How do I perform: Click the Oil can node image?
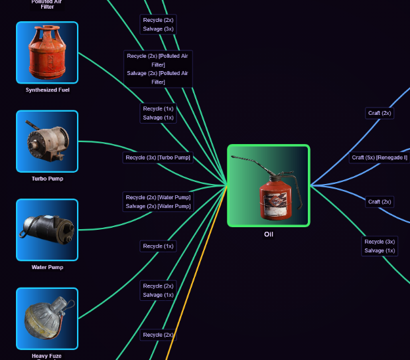[x=268, y=185]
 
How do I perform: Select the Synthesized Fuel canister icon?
[x=47, y=52]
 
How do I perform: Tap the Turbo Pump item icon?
[x=47, y=141]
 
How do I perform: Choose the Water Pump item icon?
[x=47, y=230]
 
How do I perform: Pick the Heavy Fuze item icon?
[x=47, y=318]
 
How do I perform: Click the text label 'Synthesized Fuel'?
[x=47, y=90]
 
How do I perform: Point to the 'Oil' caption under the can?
[x=268, y=234]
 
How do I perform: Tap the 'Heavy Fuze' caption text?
[x=47, y=356]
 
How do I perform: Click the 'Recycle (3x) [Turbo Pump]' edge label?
[x=158, y=157]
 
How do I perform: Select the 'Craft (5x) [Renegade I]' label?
[x=379, y=157]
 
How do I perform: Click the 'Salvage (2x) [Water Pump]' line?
[x=158, y=207]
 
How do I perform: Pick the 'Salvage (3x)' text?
[x=158, y=29]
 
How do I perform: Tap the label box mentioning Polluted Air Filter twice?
[x=158, y=69]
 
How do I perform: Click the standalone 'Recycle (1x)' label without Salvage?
[x=158, y=246]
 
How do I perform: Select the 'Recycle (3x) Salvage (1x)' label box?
[x=379, y=246]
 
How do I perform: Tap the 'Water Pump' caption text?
[x=47, y=267]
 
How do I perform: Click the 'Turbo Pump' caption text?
[x=47, y=179]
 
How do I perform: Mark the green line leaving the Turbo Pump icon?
[x=100, y=141]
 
